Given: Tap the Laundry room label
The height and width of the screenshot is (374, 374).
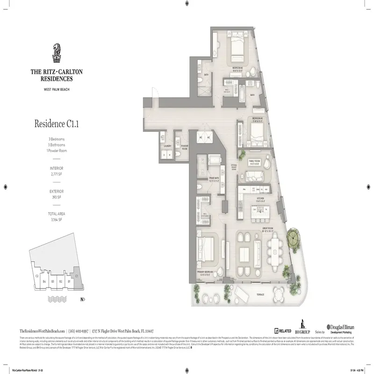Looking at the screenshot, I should (168, 145).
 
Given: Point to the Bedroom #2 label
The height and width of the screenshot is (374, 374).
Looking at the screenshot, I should (238, 69).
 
